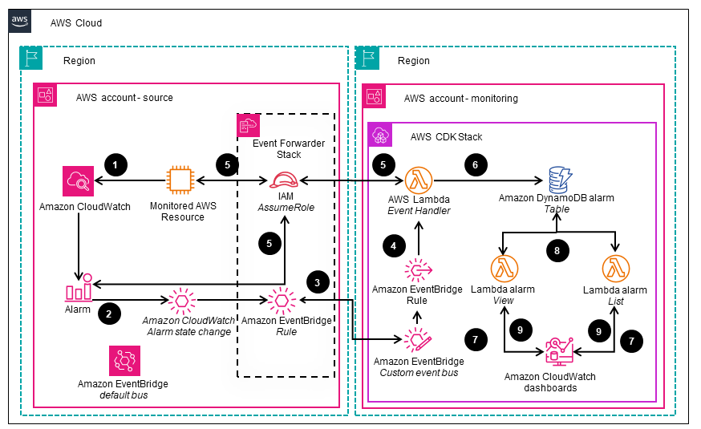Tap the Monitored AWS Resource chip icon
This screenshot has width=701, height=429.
(181, 180)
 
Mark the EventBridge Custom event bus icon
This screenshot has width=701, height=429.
(418, 340)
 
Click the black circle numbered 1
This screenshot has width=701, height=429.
(116, 165)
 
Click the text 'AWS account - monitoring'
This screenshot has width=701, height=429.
(460, 98)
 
